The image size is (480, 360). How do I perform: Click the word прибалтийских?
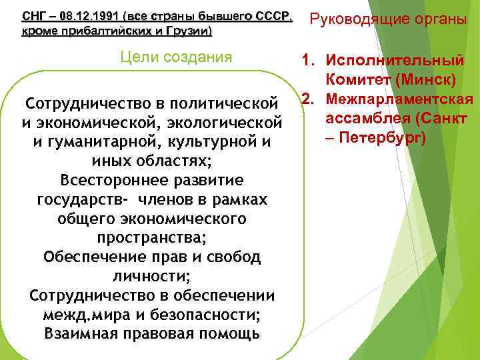[92, 31]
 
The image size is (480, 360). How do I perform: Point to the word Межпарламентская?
[400, 100]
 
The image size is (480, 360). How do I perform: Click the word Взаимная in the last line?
[75, 333]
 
